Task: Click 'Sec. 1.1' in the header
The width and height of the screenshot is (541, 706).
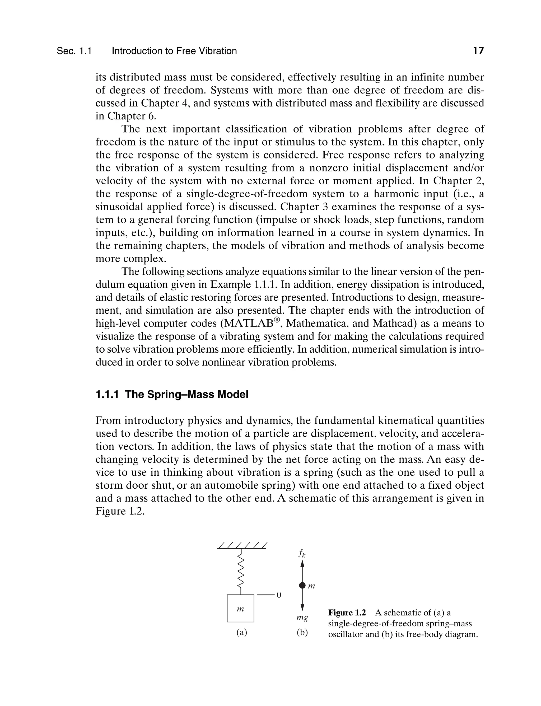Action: click(x=74, y=51)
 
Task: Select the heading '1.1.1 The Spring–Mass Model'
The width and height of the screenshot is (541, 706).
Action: click(x=172, y=394)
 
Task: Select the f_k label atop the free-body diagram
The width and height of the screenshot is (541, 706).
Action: click(x=302, y=553)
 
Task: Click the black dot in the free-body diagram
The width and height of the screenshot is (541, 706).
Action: click(x=302, y=586)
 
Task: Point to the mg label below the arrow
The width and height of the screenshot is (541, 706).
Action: click(x=302, y=618)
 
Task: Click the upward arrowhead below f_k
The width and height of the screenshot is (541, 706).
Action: click(x=302, y=563)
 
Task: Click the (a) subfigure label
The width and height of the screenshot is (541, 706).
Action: click(x=241, y=632)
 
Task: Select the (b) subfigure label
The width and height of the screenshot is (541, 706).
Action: click(x=302, y=632)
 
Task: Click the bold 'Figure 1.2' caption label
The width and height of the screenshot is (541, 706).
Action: click(x=347, y=612)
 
